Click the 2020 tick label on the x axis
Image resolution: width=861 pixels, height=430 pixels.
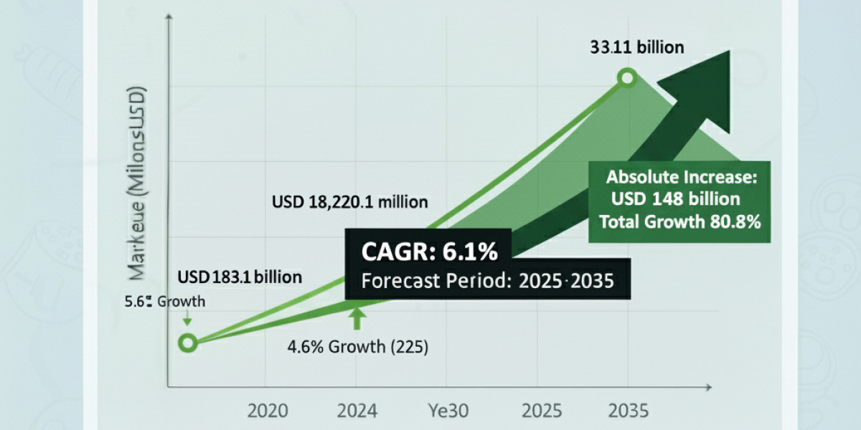point(268,411)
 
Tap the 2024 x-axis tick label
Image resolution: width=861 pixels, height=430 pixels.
point(358,411)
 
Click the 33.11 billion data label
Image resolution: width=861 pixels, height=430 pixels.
point(637,48)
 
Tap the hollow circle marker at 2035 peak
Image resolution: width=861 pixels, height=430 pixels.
point(628,78)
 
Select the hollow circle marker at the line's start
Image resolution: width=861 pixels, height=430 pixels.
point(187,343)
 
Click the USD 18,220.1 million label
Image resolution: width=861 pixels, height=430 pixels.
point(350,202)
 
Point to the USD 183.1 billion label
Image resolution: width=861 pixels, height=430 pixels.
point(241,276)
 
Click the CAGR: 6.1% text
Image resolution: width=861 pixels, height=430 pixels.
point(428,252)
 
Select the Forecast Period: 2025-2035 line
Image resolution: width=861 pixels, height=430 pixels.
point(488,281)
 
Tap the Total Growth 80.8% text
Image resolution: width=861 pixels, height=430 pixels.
point(679,221)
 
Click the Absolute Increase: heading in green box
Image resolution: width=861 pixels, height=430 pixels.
point(679,177)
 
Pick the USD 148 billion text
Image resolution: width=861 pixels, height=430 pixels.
point(675,199)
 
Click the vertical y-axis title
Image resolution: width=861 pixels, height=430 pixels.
point(136,183)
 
